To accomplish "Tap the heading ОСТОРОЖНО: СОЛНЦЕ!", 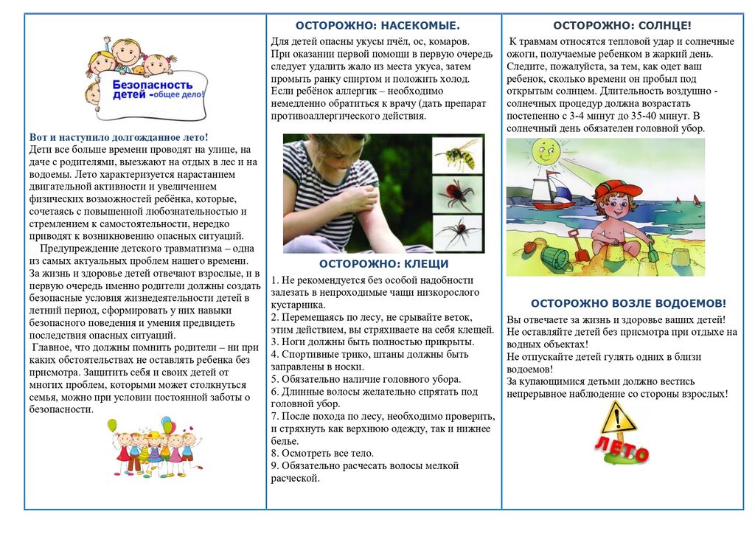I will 622,25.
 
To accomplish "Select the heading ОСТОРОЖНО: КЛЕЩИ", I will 383,264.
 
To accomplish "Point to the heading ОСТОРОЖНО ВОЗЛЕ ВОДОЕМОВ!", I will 628,303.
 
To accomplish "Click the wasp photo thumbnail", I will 457,154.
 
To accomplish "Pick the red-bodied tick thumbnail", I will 457,194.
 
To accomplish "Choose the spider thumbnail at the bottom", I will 457,233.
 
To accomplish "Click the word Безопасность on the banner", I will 152,85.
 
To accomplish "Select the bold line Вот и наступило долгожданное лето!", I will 119,137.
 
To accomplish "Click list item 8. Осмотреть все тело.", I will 322,453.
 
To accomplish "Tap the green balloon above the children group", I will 112,426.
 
